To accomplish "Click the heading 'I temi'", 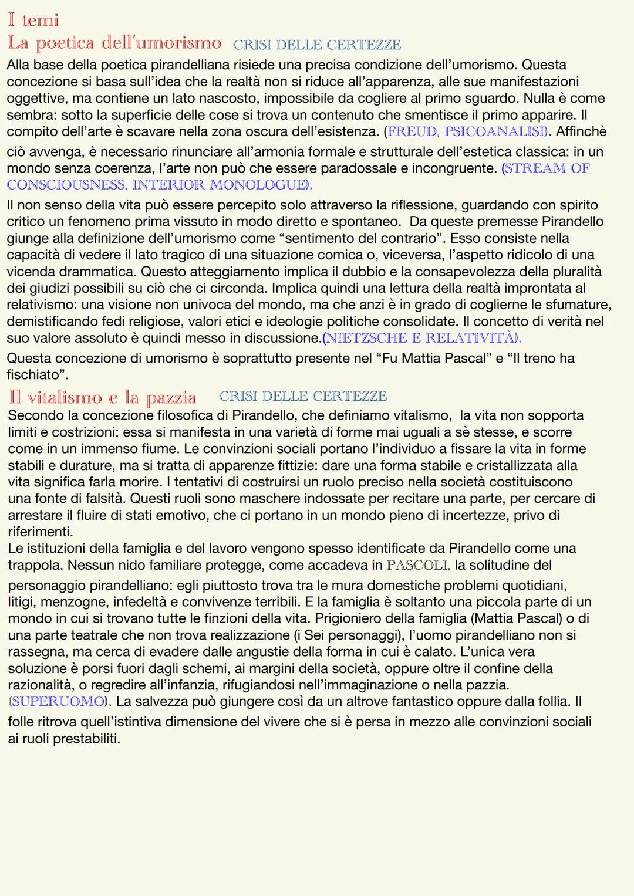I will coord(33,20).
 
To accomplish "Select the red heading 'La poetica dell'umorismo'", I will coord(114,43).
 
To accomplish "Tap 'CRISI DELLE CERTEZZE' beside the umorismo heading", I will coord(317,45).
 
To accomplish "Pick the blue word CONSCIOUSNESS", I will coord(65,185).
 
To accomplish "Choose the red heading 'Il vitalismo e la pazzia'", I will coord(102,397).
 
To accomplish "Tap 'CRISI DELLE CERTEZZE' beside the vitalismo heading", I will coord(303,397).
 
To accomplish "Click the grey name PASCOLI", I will coord(417,566).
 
